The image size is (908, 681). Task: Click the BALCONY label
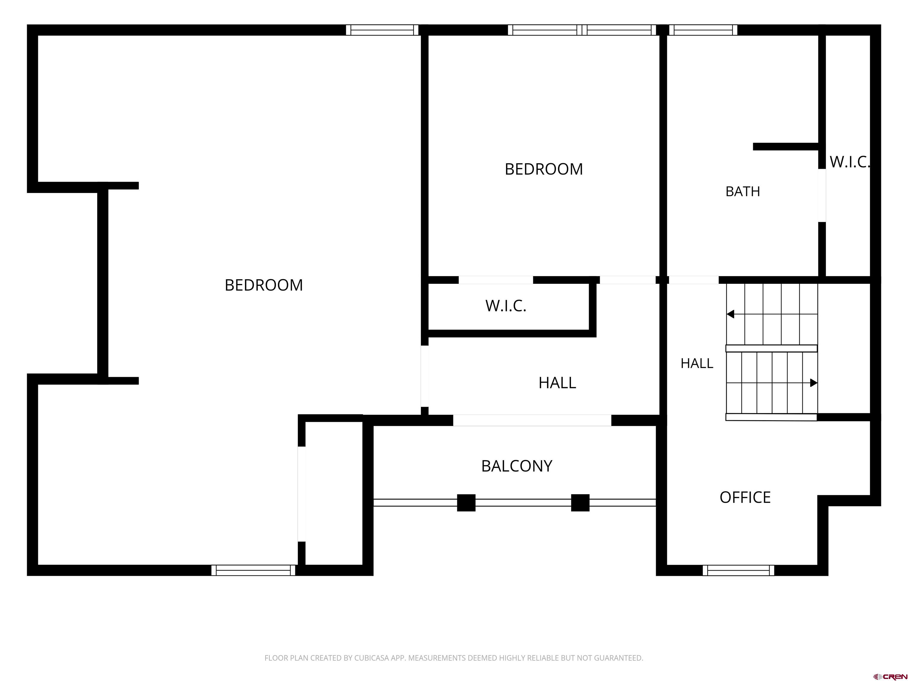(516, 466)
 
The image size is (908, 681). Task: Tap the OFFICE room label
(745, 497)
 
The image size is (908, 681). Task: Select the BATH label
(742, 191)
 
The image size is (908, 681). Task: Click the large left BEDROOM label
(264, 285)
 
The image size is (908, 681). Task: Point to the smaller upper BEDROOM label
(544, 169)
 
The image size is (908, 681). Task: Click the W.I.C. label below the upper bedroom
(506, 306)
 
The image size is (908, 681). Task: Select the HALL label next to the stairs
(697, 363)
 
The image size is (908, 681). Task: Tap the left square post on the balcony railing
(466, 503)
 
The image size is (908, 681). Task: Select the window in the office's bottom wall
(738, 570)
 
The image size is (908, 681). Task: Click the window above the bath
(703, 30)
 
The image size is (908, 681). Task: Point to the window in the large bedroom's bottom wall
(253, 570)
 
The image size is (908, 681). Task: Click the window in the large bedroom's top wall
(382, 30)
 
